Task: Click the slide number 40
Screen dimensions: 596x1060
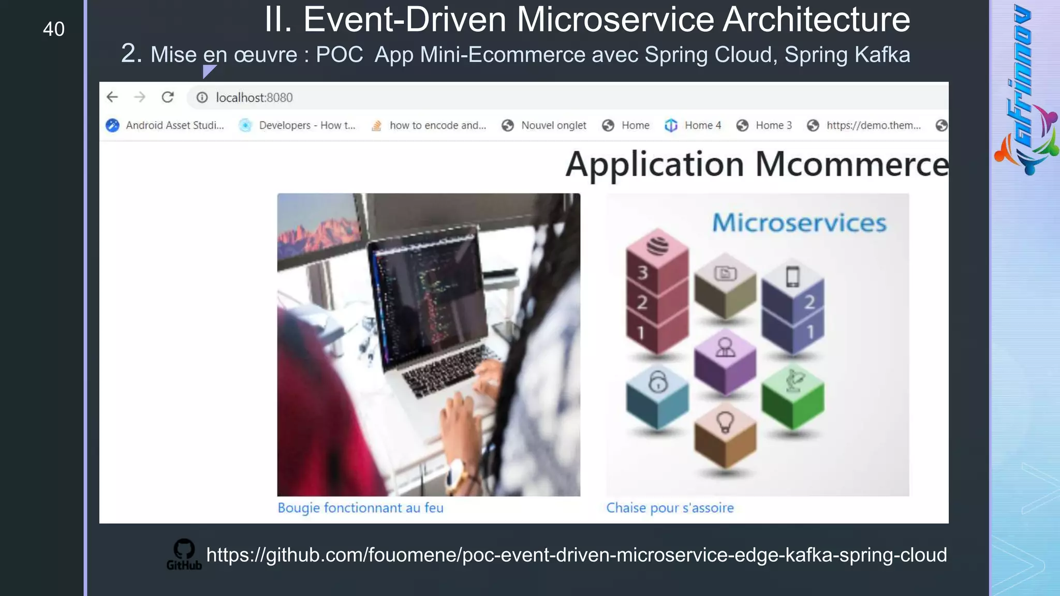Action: point(54,29)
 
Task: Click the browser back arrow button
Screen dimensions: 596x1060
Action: point(112,97)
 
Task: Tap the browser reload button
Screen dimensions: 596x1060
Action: point(168,97)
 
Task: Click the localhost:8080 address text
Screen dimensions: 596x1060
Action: point(254,98)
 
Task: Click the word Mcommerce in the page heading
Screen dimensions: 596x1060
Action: point(851,165)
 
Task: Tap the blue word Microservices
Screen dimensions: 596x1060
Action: point(799,223)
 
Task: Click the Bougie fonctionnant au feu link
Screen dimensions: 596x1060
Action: point(360,508)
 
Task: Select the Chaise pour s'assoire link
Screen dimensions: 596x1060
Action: point(670,508)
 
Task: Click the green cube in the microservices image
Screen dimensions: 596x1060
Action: point(792,401)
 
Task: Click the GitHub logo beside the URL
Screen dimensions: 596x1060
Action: point(184,554)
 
